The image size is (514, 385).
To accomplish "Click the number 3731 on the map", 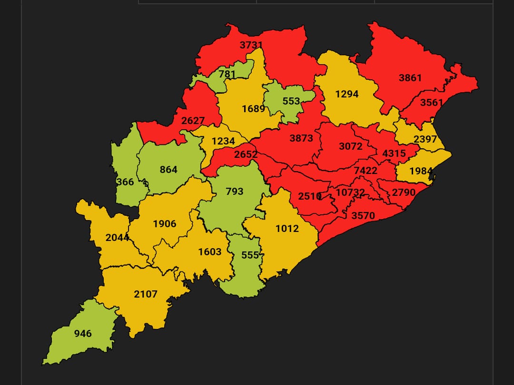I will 251,45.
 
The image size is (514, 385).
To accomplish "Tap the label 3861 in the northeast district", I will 410,77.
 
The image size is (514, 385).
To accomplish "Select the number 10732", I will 350,192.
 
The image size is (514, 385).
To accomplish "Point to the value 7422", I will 365,170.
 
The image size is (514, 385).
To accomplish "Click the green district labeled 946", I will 83,333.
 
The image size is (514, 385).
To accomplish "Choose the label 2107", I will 145,294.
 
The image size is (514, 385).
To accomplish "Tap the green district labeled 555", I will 250,255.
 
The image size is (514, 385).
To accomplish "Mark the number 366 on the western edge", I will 125,182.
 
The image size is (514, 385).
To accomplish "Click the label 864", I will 168,170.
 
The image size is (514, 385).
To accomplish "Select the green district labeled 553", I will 291,101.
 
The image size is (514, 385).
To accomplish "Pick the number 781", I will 227,74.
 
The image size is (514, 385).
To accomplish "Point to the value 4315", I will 394,154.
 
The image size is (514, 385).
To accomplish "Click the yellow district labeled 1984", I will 421,171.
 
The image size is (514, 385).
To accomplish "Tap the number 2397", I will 425,139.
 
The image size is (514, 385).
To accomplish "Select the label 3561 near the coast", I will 431,103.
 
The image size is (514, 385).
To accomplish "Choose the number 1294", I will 346,94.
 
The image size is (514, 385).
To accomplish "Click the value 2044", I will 117,237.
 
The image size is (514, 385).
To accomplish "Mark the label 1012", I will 287,228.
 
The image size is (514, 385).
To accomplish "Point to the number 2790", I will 404,192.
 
